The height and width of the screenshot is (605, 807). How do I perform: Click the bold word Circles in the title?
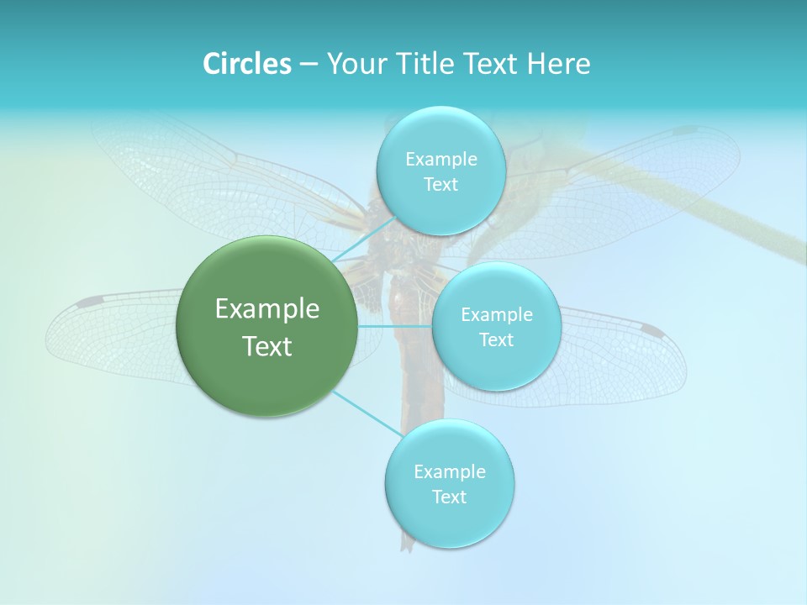click(246, 64)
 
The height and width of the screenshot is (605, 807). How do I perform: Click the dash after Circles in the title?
click(308, 65)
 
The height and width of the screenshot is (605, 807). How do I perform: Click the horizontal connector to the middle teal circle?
click(394, 326)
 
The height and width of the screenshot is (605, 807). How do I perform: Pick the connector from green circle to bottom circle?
click(367, 413)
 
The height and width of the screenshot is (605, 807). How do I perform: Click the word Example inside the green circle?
click(266, 309)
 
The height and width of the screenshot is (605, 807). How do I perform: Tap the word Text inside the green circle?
click(266, 346)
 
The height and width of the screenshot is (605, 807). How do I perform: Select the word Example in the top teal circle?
click(440, 160)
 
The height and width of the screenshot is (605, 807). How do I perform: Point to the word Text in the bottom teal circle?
click(449, 497)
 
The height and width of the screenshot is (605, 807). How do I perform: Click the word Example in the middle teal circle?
click(496, 315)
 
